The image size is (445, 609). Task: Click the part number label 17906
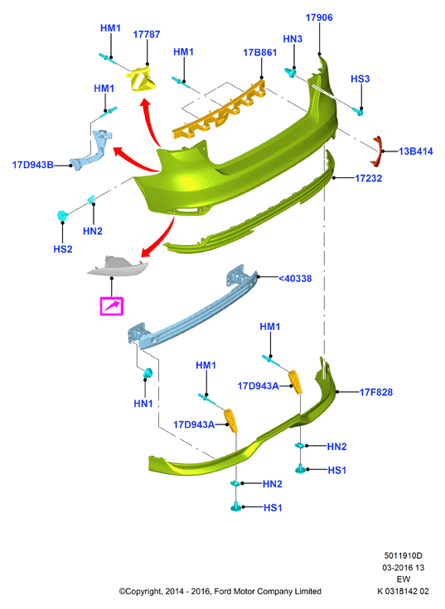tap(319, 17)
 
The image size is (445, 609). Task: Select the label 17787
tap(147, 35)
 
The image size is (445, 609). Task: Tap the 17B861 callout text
tap(260, 52)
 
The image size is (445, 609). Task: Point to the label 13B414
tap(416, 151)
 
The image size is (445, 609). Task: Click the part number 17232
tap(369, 178)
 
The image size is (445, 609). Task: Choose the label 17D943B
tap(32, 165)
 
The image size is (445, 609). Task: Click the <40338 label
tap(295, 279)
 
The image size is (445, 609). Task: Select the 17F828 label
tap(375, 392)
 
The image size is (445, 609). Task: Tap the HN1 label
tap(143, 404)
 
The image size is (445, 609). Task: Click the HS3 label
tap(360, 79)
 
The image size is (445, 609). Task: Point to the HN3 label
tap(293, 39)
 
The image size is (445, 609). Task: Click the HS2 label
tap(63, 249)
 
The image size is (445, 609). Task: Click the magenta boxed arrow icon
tap(112, 306)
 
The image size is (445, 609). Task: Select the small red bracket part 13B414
tap(377, 151)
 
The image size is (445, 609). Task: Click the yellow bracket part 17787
tap(142, 79)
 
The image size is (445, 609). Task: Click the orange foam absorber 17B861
tap(220, 110)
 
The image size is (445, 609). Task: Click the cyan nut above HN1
tap(148, 374)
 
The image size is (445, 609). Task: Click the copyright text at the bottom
tap(220, 592)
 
